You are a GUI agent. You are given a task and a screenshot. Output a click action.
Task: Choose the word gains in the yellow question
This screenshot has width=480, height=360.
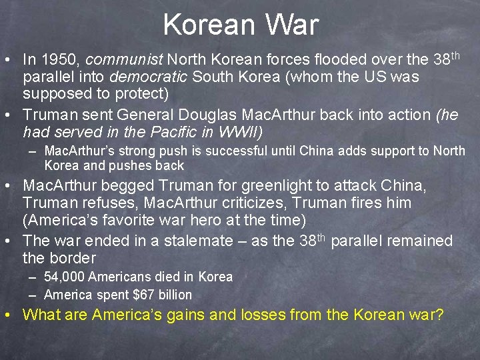[200, 315]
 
